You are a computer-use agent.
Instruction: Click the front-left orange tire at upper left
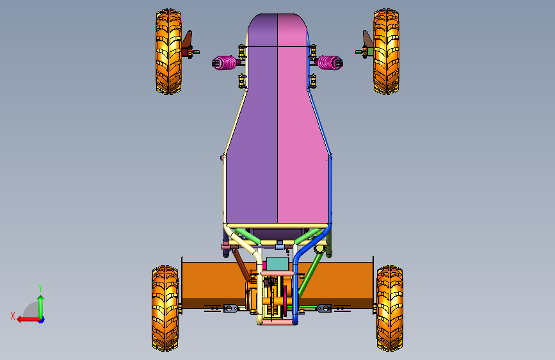coord(169,52)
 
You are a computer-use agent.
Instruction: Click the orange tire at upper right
coord(386,52)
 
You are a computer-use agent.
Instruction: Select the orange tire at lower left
coord(165,308)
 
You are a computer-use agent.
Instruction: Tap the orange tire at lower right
coord(390,308)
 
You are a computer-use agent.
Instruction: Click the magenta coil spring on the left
coord(225,63)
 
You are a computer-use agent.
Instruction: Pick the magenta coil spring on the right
coord(330,63)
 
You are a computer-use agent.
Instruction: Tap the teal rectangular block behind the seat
coord(278,265)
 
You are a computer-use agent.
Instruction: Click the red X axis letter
coord(13,316)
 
